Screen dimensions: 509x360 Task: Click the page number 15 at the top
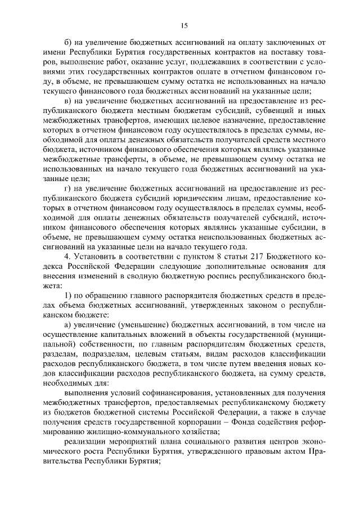point(183,25)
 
